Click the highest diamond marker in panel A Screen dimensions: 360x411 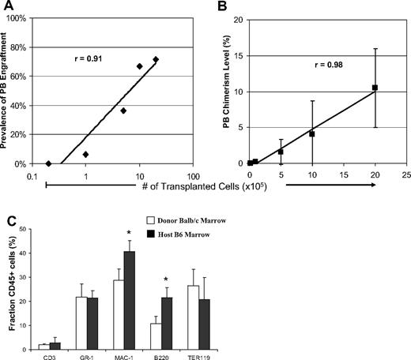pos(156,60)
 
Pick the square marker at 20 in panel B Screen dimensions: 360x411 pos(375,88)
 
